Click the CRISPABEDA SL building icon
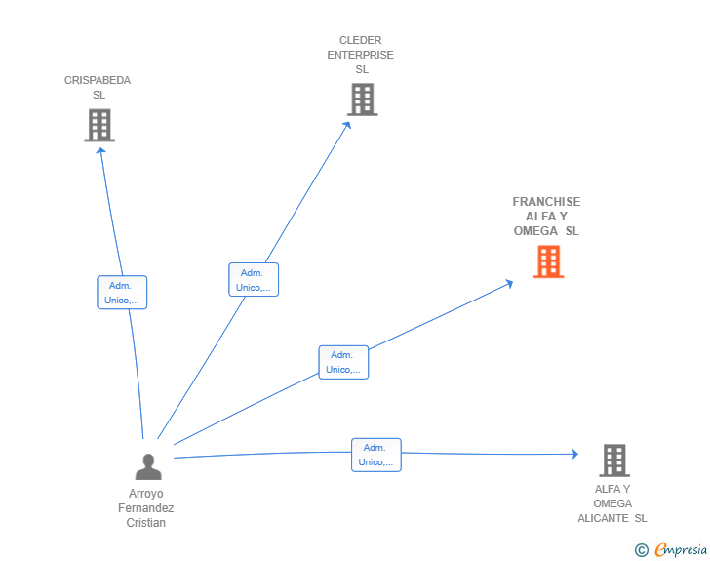click(99, 125)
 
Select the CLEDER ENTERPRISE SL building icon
click(363, 100)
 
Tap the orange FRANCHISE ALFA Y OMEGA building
click(549, 261)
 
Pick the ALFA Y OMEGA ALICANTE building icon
click(614, 461)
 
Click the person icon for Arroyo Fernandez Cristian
click(148, 466)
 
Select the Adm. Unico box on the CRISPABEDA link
click(122, 293)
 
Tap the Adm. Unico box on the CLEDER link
click(254, 280)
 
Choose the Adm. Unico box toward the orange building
click(343, 362)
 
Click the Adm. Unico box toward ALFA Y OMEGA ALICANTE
click(376, 455)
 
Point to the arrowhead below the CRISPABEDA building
click(100, 151)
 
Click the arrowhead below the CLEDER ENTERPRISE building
click(347, 125)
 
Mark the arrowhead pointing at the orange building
click(509, 283)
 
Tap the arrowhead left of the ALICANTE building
click(575, 454)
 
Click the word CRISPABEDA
click(98, 80)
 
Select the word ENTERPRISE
click(361, 55)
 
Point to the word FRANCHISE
click(546, 202)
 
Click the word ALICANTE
click(603, 518)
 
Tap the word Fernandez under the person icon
click(146, 508)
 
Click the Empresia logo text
click(681, 549)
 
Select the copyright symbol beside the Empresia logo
click(642, 550)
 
